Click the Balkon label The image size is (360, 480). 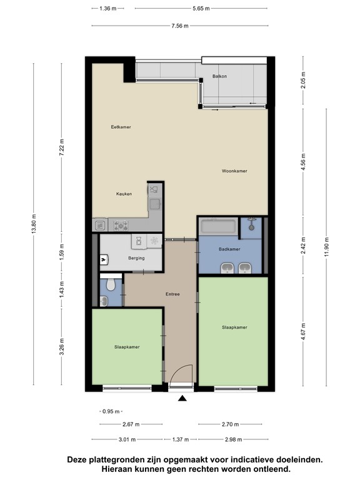pos(219,76)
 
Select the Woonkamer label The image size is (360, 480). pos(234,171)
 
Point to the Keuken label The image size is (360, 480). pos(124,194)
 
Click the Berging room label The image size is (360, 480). pos(136,258)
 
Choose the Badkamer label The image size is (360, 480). pos(230,249)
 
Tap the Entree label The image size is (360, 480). pos(172,294)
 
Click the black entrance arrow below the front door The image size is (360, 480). pos(182,398)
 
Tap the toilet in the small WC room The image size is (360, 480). pos(111,285)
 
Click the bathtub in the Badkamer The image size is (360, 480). pos(218,226)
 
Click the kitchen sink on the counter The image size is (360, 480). pos(153,202)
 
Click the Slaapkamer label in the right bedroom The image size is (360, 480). pos(234,327)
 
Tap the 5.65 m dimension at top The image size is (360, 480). pos(200,8)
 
